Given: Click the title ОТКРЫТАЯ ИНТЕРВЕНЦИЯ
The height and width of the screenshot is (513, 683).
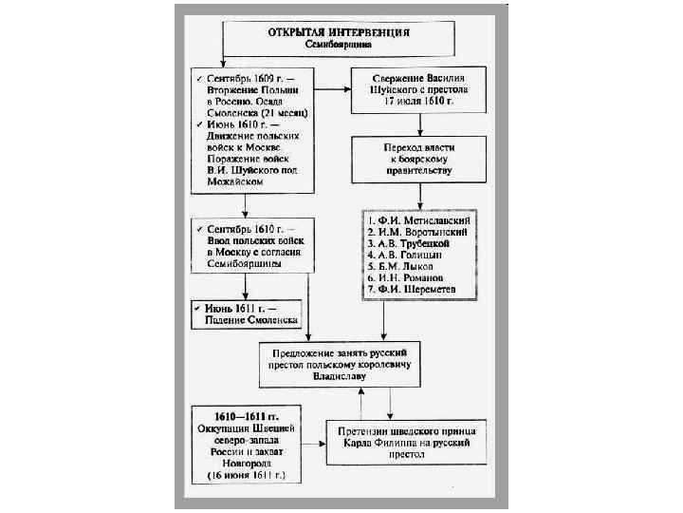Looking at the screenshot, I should [x=325, y=31].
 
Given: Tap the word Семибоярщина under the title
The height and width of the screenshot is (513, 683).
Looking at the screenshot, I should [x=325, y=44].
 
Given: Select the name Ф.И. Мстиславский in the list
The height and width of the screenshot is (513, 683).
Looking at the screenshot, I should [x=424, y=220].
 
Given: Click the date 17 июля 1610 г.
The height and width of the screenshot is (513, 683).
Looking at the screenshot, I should [x=418, y=100].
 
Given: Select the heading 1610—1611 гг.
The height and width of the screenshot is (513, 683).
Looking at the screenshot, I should [x=245, y=417].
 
